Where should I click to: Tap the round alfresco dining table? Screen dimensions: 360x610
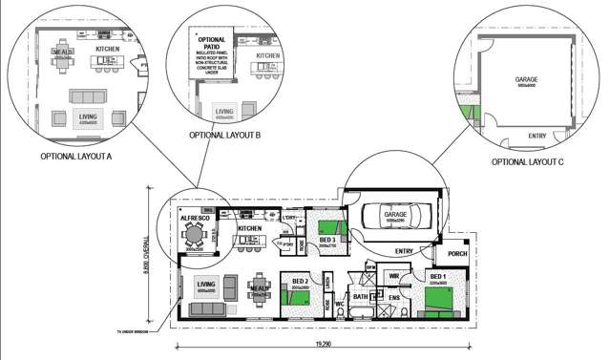[196, 234]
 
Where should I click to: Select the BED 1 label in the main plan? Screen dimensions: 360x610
[438, 276]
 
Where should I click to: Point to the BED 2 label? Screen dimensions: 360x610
[299, 281]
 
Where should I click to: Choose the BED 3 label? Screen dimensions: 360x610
[327, 240]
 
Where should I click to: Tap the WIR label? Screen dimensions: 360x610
[393, 276]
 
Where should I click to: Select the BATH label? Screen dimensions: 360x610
[361, 297]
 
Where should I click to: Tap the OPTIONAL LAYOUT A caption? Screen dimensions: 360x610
[76, 155]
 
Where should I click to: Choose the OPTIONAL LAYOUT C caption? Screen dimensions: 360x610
[527, 161]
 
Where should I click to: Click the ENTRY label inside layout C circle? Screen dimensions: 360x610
[536, 136]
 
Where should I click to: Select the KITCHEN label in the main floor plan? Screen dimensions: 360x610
[249, 229]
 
